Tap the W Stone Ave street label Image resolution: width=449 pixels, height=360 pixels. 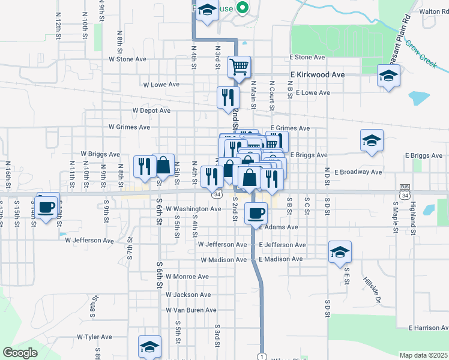pyautogui.click(x=127, y=59)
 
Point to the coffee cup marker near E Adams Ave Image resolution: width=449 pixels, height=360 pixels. pyautogui.click(x=257, y=212)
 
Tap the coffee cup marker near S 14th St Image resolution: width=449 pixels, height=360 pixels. pyautogui.click(x=46, y=207)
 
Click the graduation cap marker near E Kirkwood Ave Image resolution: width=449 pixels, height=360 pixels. pyautogui.click(x=388, y=76)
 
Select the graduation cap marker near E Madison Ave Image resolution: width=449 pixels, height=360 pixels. pyautogui.click(x=340, y=252)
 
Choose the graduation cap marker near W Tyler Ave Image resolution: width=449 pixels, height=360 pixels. pyautogui.click(x=149, y=346)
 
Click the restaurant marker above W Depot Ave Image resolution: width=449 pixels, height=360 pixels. pyautogui.click(x=228, y=97)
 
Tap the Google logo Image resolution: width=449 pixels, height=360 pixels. pyautogui.click(x=20, y=353)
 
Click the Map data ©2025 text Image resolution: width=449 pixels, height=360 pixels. pyautogui.click(x=423, y=355)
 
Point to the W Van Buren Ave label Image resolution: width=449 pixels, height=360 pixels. pyautogui.click(x=191, y=310)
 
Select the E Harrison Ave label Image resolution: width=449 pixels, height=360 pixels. pyautogui.click(x=428, y=328)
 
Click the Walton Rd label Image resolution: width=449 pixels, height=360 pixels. pyautogui.click(x=435, y=11)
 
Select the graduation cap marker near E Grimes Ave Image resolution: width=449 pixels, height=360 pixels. pyautogui.click(x=372, y=140)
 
